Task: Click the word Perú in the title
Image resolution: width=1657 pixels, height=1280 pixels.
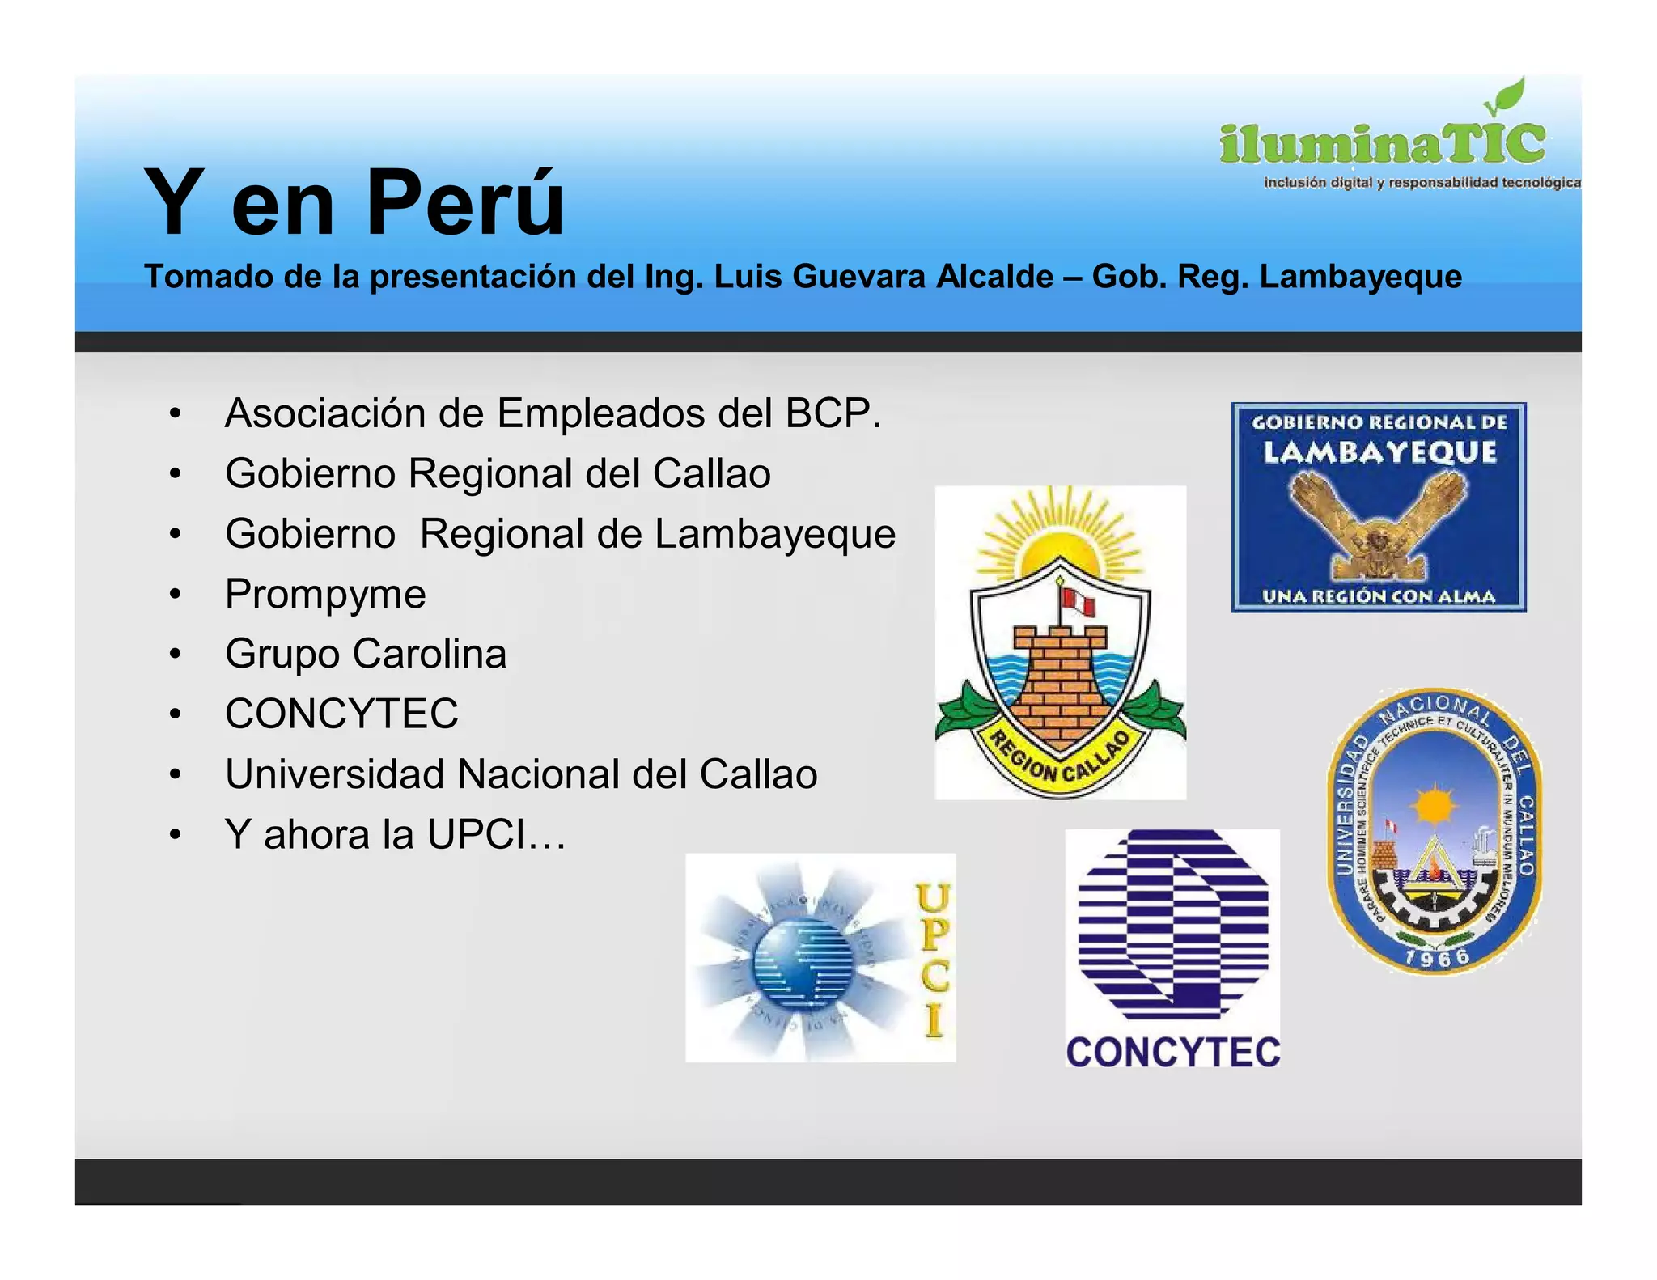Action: (465, 202)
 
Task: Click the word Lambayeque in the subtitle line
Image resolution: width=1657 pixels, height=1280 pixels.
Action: (1360, 277)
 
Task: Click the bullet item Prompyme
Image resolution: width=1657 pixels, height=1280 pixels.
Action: (325, 594)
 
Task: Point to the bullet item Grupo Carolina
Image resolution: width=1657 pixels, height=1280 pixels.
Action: (366, 654)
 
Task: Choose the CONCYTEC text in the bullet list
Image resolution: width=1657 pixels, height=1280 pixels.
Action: (341, 714)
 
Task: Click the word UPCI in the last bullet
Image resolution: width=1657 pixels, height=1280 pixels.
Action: (477, 834)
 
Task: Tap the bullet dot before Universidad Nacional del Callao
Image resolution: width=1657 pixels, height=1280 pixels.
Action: (175, 774)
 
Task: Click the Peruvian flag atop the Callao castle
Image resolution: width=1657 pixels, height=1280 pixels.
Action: (1079, 603)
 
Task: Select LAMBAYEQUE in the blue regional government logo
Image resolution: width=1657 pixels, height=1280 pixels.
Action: (1379, 452)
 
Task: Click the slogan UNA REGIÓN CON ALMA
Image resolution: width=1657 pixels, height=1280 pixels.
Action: (1379, 597)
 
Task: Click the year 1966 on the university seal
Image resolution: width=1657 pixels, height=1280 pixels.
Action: (1437, 958)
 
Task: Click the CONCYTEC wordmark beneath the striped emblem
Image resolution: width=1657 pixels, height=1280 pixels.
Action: (1173, 1053)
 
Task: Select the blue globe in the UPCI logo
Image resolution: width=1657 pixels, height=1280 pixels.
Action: (803, 960)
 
